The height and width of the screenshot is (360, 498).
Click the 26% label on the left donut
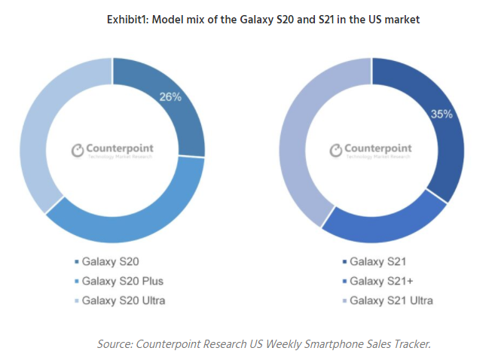coord(170,96)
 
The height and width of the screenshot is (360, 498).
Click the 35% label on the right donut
coord(441,114)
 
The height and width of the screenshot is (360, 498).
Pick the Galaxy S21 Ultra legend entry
coord(393,301)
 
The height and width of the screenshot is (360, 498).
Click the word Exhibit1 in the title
coord(133,20)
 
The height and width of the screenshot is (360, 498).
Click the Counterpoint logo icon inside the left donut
coord(77,150)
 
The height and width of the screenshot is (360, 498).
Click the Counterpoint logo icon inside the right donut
coord(336,151)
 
